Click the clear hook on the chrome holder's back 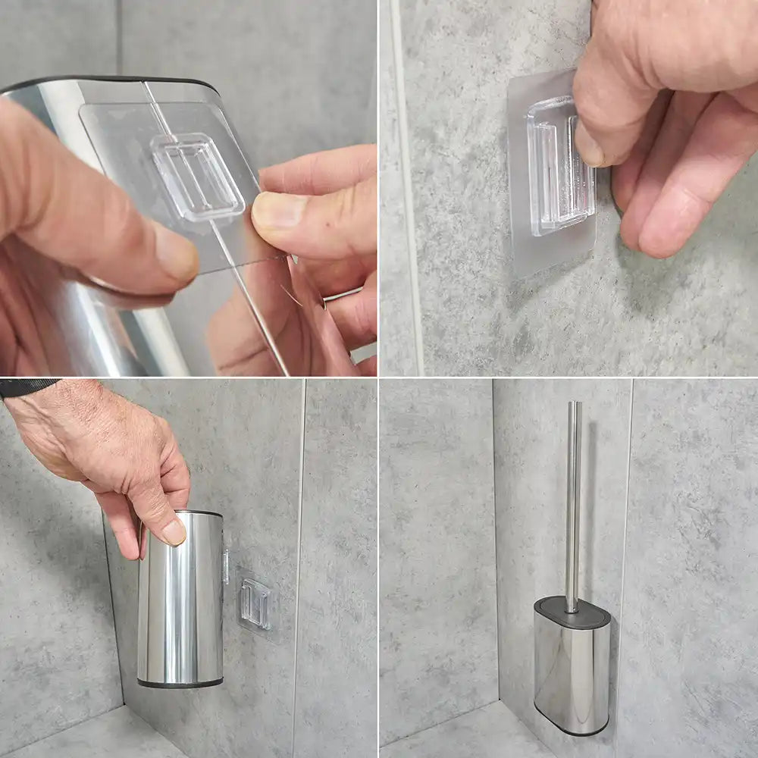click(197, 176)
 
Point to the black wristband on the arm click(27, 387)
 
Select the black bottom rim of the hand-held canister click(180, 684)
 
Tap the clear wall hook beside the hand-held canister click(255, 603)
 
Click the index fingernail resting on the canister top click(174, 531)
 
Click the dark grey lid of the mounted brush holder click(572, 612)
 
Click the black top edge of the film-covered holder click(114, 80)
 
